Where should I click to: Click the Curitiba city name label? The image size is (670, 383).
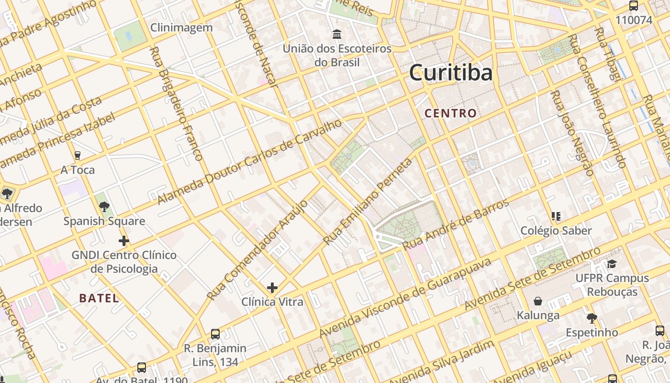(x=450, y=73)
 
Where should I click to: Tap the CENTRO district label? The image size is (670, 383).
(x=450, y=113)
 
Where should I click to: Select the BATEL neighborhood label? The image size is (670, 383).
(x=99, y=298)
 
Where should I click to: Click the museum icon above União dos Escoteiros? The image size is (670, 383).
(x=337, y=34)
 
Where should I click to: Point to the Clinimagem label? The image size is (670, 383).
(x=181, y=28)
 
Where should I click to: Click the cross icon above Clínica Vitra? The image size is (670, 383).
(x=272, y=288)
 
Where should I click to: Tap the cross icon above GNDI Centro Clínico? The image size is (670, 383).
(x=124, y=240)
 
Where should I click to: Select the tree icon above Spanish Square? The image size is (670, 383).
(x=104, y=207)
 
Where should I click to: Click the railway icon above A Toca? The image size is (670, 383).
(x=77, y=156)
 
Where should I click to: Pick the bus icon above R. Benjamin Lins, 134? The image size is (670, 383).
(x=215, y=334)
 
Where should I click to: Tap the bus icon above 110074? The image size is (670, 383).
(x=634, y=6)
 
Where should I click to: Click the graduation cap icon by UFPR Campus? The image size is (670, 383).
(x=612, y=264)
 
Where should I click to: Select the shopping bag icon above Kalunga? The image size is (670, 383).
(x=538, y=301)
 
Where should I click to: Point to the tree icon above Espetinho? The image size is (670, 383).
(x=592, y=318)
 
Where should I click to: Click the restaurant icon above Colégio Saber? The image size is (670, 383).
(x=556, y=216)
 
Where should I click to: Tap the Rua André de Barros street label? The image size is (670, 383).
(x=456, y=224)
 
